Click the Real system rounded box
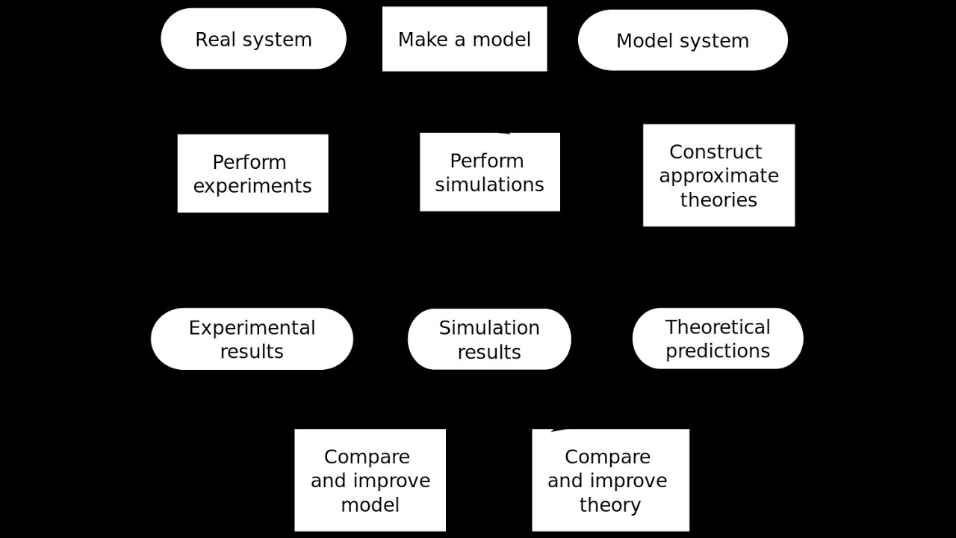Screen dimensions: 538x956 click(253, 39)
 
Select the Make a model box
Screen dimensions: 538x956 click(464, 39)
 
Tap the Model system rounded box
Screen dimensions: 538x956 click(682, 40)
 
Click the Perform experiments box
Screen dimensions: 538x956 click(252, 173)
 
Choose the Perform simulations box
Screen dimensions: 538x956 click(489, 172)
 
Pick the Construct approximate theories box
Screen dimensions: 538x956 click(718, 176)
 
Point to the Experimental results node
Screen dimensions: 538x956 click(252, 338)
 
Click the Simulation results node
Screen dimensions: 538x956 click(489, 339)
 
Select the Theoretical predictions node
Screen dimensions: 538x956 click(717, 338)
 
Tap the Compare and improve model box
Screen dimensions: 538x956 click(370, 480)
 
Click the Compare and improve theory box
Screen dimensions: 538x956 click(610, 480)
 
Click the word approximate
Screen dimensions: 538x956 click(718, 176)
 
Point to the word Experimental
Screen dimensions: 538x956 click(252, 328)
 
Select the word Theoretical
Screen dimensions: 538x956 click(717, 327)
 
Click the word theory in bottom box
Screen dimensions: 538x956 click(609, 504)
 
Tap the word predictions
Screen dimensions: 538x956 click(717, 350)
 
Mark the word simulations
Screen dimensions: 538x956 click(489, 185)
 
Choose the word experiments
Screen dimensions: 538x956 click(252, 186)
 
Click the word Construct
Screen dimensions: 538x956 click(716, 152)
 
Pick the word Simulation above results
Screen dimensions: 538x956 click(489, 328)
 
